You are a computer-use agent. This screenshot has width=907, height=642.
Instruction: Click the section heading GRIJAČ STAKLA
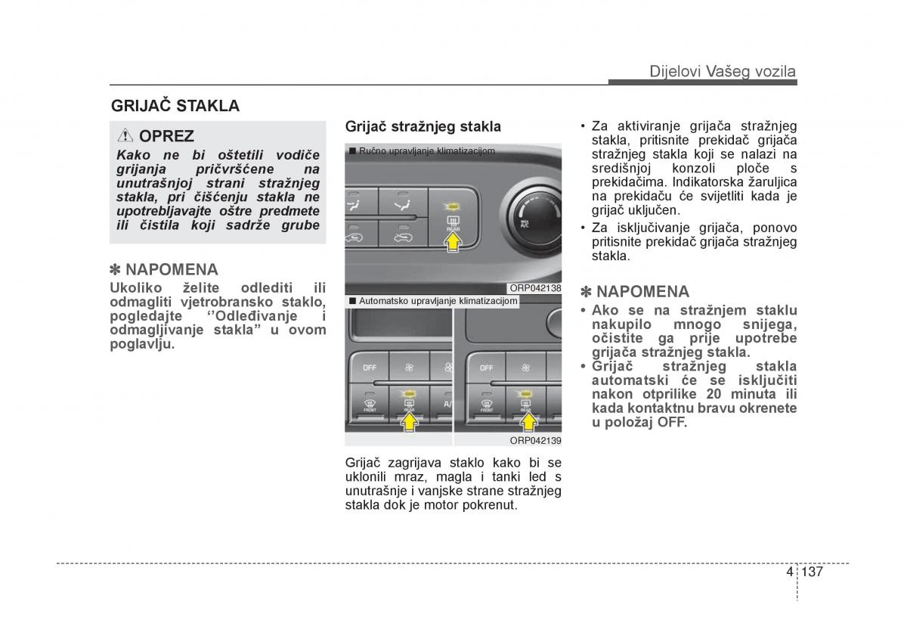(x=175, y=106)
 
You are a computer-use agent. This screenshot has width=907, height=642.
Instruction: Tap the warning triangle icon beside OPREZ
(x=125, y=136)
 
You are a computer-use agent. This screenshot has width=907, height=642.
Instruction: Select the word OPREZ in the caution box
(x=167, y=136)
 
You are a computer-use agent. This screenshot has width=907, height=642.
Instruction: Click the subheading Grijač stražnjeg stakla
(x=423, y=126)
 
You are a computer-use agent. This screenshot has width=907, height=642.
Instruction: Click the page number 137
(x=813, y=572)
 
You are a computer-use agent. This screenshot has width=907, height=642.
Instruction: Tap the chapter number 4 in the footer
(x=789, y=572)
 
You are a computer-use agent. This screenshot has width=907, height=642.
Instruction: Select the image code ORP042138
(x=535, y=288)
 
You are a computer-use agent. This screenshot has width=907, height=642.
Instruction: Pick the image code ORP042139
(x=535, y=440)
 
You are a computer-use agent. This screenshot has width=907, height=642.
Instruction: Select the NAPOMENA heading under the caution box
(x=164, y=269)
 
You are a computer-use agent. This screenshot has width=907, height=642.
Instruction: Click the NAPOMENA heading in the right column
(x=635, y=292)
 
